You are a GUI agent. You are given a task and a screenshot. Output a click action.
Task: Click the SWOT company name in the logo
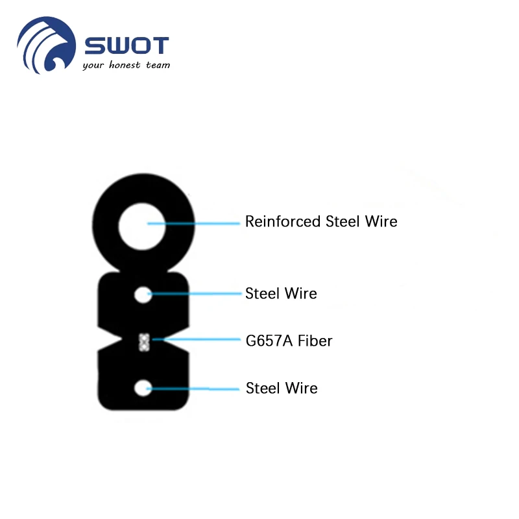coord(127,46)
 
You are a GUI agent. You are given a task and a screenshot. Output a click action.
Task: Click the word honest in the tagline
coord(125,65)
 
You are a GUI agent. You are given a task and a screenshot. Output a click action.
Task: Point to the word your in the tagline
coord(93,66)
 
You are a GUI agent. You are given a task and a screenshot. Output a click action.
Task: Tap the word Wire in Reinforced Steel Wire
coord(382,221)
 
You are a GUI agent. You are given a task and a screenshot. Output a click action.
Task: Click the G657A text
coord(267,341)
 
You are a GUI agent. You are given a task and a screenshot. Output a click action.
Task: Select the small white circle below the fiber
coord(143,389)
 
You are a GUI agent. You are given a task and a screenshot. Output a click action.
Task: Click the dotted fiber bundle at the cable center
coord(143,341)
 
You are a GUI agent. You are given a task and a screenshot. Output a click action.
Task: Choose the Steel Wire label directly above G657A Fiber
coord(281,293)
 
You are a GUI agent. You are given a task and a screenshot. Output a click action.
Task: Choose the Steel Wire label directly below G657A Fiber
coord(282,388)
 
